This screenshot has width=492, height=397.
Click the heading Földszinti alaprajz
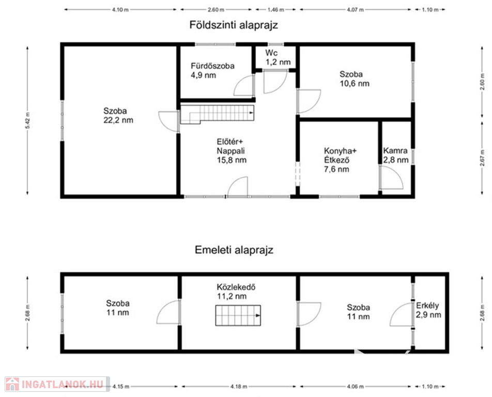point(234,25)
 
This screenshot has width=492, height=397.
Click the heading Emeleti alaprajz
point(234,250)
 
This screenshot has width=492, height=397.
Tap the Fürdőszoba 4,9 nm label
point(212,71)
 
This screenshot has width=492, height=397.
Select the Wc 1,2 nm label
point(278,57)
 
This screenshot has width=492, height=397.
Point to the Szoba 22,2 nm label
point(118,115)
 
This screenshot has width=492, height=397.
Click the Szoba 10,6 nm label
point(354,79)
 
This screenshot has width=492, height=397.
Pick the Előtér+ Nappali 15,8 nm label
point(232,151)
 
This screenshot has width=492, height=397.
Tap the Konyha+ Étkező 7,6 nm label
point(340,160)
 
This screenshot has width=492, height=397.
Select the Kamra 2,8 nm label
point(396,156)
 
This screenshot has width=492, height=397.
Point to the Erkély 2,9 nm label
point(428,310)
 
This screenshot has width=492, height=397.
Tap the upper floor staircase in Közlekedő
point(238,315)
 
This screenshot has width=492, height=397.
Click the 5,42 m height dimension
point(27,120)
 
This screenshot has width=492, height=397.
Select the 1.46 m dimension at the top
point(275,10)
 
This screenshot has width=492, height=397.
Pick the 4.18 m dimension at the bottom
point(238,387)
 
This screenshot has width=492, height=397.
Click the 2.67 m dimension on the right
point(483,157)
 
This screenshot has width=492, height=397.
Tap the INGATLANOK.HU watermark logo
point(57,384)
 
